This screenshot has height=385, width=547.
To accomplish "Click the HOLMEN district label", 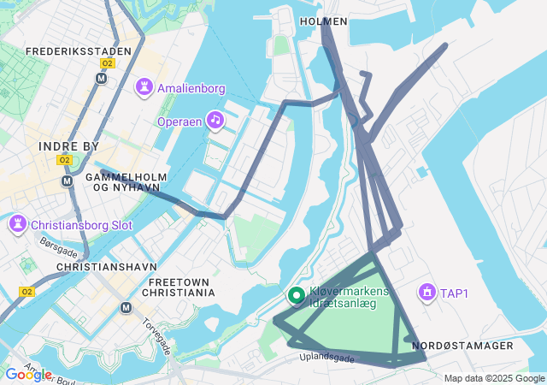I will (x=324, y=21).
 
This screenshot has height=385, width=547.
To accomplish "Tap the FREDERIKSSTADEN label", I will (x=79, y=51).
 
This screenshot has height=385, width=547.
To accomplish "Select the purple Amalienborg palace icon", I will (x=144, y=87).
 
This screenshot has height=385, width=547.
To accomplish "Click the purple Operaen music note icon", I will (x=215, y=121).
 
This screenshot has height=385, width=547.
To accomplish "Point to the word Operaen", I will (x=179, y=121).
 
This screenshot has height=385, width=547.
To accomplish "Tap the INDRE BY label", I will (x=69, y=146).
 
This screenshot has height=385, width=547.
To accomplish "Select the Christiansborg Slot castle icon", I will (x=16, y=226).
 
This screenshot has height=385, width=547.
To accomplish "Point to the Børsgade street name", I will (x=58, y=248).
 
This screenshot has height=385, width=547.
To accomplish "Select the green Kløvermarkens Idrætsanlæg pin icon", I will (x=297, y=296).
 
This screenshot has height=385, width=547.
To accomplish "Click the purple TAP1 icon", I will (x=425, y=293).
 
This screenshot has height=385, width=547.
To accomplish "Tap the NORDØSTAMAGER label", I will (x=462, y=346).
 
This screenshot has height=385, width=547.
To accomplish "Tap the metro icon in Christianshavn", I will (x=126, y=308).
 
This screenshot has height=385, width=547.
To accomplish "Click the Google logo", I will (x=27, y=375).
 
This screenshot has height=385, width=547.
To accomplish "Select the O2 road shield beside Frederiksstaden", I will (x=107, y=63).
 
